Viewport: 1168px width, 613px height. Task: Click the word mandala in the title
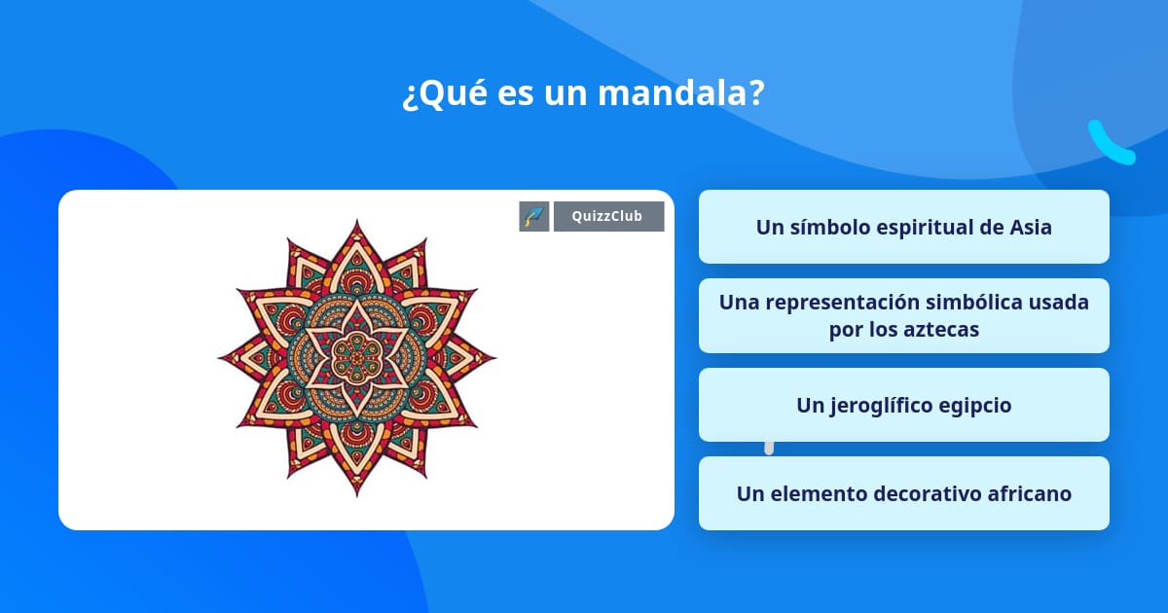(681, 93)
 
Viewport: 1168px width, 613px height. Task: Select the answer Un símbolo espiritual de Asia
(903, 227)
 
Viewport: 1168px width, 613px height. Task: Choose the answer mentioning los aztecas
(903, 315)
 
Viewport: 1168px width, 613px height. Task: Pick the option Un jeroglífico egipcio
(903, 405)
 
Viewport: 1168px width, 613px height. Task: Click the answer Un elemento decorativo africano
(903, 493)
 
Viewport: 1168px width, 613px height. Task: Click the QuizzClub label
(608, 216)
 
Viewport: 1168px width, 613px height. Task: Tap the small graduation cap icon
(534, 216)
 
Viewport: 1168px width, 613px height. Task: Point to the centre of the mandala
(357, 357)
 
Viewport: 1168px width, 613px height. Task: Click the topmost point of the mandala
(357, 220)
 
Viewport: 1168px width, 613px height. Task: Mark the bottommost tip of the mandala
(357, 495)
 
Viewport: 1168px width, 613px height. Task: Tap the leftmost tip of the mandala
(218, 358)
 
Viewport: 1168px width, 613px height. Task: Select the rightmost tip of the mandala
(496, 358)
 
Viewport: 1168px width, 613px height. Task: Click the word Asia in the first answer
(1030, 227)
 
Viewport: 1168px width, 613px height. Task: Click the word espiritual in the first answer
(924, 227)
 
